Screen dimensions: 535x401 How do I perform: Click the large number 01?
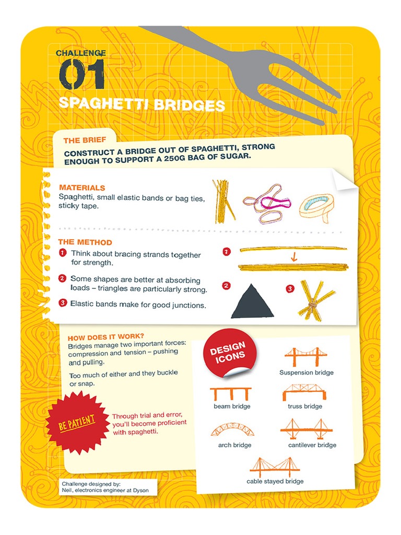[82, 74]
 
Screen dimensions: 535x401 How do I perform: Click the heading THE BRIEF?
[85, 141]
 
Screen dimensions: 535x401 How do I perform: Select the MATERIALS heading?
[82, 188]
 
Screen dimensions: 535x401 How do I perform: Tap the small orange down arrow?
[293, 257]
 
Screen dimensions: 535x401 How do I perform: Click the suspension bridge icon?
[306, 357]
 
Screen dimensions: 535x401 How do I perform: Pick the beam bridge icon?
[231, 393]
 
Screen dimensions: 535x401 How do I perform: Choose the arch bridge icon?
[232, 431]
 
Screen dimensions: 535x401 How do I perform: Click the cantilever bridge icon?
[306, 429]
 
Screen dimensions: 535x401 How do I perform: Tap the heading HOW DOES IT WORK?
[106, 336]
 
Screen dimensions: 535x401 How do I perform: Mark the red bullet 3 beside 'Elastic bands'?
[63, 303]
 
